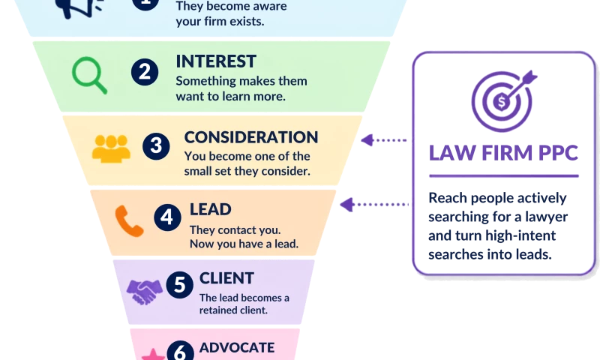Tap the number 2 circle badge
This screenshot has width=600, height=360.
tap(145, 72)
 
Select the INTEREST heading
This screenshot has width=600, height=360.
tap(216, 61)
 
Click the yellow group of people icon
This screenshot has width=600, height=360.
tap(111, 148)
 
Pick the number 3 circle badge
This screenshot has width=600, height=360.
tap(156, 145)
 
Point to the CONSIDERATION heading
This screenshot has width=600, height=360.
tap(251, 137)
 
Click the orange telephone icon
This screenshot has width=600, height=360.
tap(129, 221)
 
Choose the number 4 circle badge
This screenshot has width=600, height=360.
tap(167, 217)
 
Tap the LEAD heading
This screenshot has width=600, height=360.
tap(211, 209)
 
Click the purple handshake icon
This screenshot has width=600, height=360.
tap(145, 292)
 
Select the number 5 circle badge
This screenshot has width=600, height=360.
tap(179, 285)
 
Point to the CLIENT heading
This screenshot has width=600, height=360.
tap(226, 278)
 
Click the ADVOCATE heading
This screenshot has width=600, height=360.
tap(237, 347)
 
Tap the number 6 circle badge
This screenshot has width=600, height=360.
tap(180, 350)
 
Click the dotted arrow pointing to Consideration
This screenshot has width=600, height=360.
tap(384, 140)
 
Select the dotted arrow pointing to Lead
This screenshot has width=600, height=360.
tap(373, 205)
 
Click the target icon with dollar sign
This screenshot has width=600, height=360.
tap(503, 101)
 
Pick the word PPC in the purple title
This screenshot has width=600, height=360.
tap(558, 153)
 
